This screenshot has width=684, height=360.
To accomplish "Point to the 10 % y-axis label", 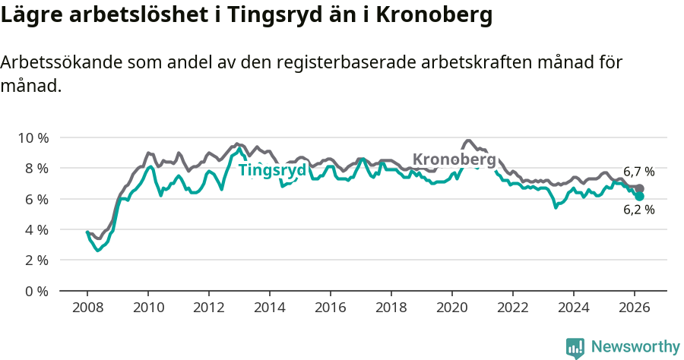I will pos(33,137).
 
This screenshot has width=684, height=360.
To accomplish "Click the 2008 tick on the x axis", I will pos(87,308).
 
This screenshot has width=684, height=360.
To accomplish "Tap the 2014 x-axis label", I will pos(269,308).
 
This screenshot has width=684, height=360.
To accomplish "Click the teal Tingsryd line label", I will pos(272,170).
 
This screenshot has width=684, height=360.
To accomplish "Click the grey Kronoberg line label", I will pos(454,159).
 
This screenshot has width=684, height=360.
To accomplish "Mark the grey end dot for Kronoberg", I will pos(640,188).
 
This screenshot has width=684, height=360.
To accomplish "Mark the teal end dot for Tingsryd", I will pos(640,197).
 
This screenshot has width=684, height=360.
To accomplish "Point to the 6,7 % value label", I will pos(638,172).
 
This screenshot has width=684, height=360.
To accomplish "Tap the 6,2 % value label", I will pos(638,210).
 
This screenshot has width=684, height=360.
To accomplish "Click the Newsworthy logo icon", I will pos(575,348).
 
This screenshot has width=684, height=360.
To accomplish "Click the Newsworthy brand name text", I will pos(635,347).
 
